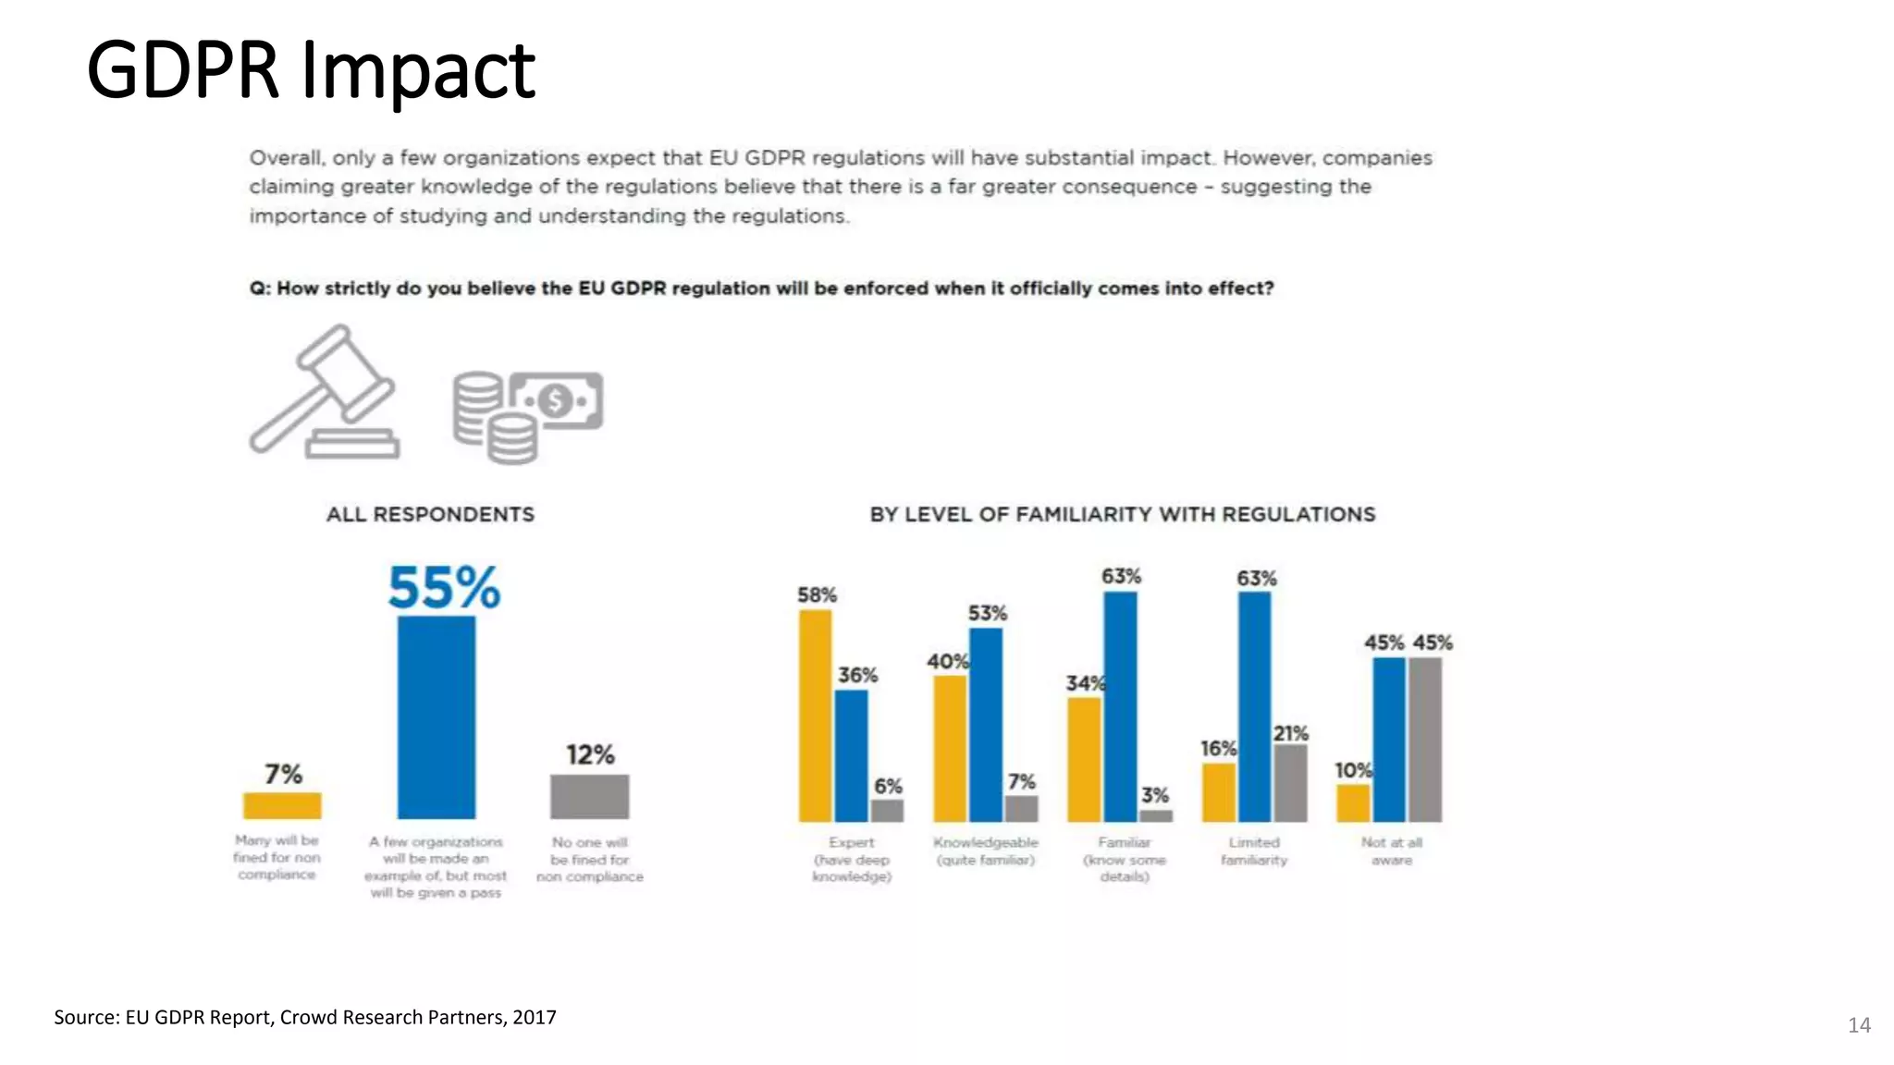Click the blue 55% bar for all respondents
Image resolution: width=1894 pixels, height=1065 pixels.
437,716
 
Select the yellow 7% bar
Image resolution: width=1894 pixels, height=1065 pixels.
282,805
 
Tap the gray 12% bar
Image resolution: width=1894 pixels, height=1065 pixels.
590,796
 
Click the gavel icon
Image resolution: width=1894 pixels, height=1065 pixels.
324,393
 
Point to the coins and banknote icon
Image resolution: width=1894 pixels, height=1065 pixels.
527,416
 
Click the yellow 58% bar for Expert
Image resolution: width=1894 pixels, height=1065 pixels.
815,716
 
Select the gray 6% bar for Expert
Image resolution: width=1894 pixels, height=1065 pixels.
887,811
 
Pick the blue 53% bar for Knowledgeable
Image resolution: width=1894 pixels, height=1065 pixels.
986,725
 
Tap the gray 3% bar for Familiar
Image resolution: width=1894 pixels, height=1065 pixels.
1156,815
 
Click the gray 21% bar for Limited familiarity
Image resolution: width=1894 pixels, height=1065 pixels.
1290,783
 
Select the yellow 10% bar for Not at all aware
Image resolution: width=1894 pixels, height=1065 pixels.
1353,803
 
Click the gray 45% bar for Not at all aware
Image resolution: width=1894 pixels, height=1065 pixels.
1425,740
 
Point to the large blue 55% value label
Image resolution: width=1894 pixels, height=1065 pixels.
444,588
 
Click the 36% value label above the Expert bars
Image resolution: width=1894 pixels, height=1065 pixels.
857,675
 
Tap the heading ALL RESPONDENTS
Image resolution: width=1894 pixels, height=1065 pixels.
430,514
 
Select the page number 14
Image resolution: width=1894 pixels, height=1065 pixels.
1859,1024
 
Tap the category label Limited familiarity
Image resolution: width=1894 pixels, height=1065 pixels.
1254,851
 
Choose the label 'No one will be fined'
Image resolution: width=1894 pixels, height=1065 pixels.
590,851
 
